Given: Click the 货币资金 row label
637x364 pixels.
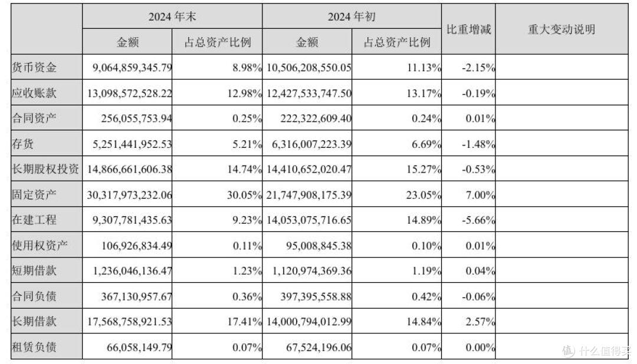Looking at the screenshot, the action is (34, 67).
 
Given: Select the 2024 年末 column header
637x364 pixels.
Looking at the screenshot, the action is (172, 16).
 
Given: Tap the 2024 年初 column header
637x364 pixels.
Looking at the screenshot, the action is (352, 16).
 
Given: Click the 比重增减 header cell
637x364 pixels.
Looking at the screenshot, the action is (469, 29).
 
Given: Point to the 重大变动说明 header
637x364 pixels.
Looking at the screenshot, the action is (562, 29).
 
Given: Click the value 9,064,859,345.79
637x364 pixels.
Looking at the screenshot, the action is (132, 67).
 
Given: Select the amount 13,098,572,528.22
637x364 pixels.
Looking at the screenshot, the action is (129, 93).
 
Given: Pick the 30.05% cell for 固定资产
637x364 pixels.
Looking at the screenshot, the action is (245, 195).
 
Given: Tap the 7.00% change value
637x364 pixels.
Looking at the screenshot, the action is (480, 195).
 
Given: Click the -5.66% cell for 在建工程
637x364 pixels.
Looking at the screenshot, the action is (478, 220).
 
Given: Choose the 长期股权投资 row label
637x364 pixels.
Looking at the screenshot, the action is (45, 169).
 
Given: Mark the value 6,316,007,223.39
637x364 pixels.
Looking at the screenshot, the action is (311, 144).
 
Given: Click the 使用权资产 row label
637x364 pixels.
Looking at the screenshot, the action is (40, 246).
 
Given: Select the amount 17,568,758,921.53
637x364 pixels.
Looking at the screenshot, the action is (129, 322).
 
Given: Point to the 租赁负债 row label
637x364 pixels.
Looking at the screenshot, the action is (34, 347).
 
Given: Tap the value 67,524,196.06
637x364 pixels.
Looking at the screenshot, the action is (319, 348).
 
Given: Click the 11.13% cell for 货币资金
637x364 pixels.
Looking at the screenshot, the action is (424, 67).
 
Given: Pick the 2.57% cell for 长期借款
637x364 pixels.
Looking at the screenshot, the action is (480, 322).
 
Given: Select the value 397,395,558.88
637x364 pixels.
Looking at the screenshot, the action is (316, 297).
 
